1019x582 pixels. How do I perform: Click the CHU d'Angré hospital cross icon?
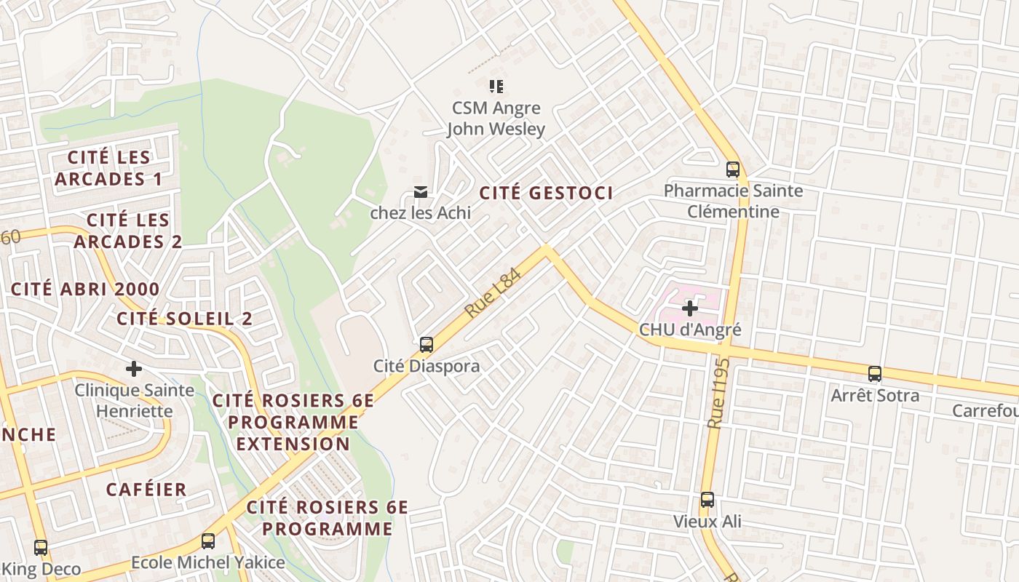pos(689,309)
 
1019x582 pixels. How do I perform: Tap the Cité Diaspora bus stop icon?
pos(427,345)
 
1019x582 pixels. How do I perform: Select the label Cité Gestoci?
pos(546,193)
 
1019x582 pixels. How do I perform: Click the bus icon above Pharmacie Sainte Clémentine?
pos(733,170)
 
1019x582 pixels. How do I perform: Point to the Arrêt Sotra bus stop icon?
pos(875,374)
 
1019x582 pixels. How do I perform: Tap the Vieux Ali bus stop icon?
pos(707,500)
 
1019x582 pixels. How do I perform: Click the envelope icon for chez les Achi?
pos(420,192)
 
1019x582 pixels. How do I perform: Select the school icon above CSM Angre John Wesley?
pos(496,87)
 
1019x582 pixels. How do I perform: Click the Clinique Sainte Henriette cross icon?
pos(134,369)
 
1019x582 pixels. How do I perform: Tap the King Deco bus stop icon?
pos(41,547)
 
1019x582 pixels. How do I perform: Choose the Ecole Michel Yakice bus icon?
pos(208,541)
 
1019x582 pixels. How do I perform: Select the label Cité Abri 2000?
pos(85,289)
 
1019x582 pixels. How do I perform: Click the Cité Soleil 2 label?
pos(185,319)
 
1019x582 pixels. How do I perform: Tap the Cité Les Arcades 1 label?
pos(108,168)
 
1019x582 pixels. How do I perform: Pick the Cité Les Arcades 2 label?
pos(127,231)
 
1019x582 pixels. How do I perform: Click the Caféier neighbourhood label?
pos(146,489)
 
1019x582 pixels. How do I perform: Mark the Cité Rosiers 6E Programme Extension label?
pos(293,422)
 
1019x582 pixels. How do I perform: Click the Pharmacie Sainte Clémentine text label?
pos(733,202)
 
